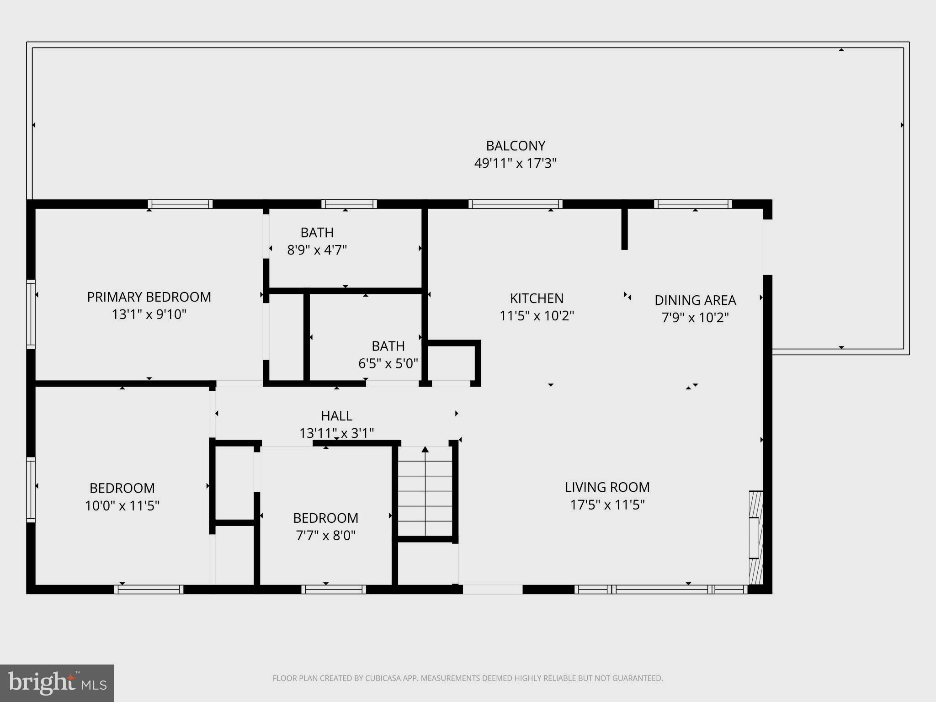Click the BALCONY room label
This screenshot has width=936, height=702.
coord(515,146)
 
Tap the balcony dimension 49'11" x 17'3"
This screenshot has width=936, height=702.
coord(515,163)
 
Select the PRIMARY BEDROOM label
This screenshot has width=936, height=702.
coord(149,297)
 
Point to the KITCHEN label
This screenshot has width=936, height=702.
coord(537,298)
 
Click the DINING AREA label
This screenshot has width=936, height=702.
coord(695,300)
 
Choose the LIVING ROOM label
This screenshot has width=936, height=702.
coord(607,487)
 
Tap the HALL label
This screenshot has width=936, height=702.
coord(336,416)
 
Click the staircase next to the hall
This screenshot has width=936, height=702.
coord(425,491)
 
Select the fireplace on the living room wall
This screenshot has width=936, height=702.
coord(755,537)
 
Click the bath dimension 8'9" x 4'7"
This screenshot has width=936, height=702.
coord(317,250)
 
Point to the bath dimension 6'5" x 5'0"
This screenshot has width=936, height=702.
coord(388,363)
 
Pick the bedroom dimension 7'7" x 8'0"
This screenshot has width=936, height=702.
coord(325,535)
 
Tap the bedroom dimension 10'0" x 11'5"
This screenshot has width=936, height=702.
coord(122,505)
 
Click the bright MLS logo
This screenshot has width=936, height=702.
coord(57,683)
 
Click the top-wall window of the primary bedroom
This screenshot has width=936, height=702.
coord(180,204)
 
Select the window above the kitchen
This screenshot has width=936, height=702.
coord(515,204)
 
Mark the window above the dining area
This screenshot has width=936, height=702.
coord(693,204)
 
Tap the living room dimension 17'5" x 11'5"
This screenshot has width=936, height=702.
coord(607,505)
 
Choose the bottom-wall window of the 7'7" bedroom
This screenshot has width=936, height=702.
coord(334,590)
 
